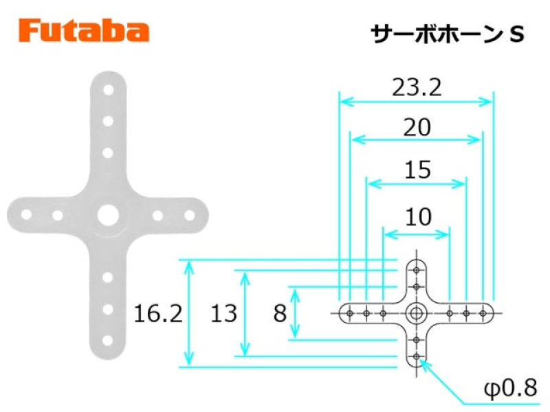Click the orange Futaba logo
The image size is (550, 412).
click(x=84, y=31)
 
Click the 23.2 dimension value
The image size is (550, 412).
click(x=417, y=87)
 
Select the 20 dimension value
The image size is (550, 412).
click(x=417, y=127)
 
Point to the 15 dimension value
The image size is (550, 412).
click(x=417, y=170)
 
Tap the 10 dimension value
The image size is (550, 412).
click(x=418, y=217)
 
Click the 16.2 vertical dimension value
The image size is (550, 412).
click(x=158, y=313)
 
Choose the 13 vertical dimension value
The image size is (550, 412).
click(x=224, y=313)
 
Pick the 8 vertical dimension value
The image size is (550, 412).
click(x=280, y=313)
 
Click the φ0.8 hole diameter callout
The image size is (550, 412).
click(x=511, y=388)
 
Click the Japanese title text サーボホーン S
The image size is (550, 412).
click(x=448, y=34)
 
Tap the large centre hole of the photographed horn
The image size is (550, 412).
click(x=109, y=215)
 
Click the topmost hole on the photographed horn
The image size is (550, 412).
click(x=109, y=90)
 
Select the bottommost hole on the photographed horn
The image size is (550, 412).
click(x=109, y=340)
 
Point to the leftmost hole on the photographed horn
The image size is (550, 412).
click(x=26, y=214)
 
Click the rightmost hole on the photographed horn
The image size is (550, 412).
click(x=190, y=215)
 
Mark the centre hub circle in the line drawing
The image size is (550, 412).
click(x=417, y=313)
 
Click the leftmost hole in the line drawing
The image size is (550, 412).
click(x=349, y=313)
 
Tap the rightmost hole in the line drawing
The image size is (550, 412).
click(x=483, y=313)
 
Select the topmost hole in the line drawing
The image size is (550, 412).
click(x=417, y=270)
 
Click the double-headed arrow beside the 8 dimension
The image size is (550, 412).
click(x=296, y=313)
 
